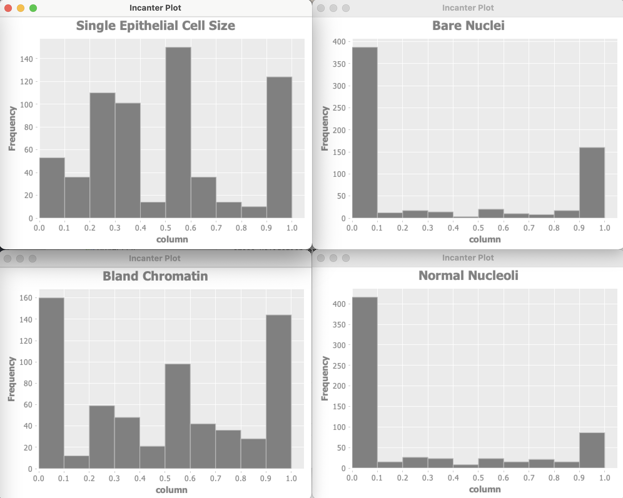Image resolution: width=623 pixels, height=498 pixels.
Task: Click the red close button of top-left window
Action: coord(8,8)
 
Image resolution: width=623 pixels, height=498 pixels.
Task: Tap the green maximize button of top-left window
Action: coord(33,8)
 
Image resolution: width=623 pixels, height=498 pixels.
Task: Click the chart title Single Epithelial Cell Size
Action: coord(155,26)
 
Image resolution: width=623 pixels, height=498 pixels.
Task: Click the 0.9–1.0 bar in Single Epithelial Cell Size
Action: coord(279,147)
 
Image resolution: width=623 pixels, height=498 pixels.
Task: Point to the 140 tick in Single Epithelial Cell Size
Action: coord(27,59)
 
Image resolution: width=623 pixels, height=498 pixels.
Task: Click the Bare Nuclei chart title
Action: coord(468,26)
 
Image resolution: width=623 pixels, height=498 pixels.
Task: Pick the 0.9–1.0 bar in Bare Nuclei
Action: coord(592,183)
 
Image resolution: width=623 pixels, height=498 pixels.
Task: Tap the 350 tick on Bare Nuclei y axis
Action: coord(339,64)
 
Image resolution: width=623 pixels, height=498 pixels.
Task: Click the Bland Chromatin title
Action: coord(155,276)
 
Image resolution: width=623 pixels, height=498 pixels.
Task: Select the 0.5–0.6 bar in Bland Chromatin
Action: coord(178,416)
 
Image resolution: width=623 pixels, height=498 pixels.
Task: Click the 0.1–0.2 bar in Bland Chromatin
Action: coord(77,462)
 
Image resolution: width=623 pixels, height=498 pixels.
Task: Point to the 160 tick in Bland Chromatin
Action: coord(26,298)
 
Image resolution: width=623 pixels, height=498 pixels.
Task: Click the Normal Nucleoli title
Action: coord(468,276)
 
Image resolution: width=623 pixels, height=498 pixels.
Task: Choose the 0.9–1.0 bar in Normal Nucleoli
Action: coord(592,450)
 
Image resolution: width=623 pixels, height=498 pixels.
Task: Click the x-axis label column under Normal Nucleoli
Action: coord(485,489)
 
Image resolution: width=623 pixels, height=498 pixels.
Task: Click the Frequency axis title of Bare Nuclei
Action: coord(325,128)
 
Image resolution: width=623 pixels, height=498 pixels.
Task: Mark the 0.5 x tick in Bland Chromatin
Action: coord(165,478)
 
